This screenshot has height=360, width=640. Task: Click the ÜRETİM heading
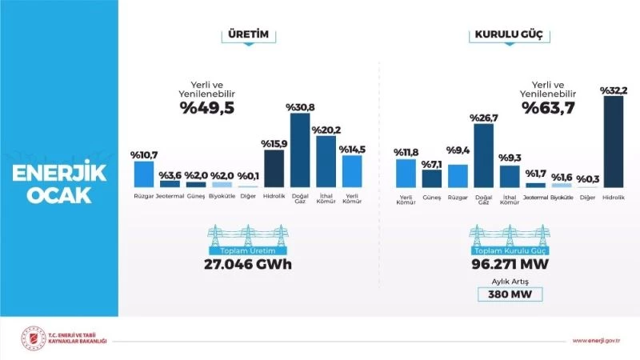248,35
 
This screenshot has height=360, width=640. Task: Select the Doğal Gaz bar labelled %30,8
300,150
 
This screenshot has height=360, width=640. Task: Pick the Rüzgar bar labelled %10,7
143,174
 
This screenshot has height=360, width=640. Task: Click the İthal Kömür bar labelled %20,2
326,161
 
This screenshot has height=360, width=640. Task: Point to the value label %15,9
274,143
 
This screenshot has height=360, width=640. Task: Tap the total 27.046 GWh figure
247,265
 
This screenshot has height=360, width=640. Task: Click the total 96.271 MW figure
510,265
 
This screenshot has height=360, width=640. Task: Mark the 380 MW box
510,294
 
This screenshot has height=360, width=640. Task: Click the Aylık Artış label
510,281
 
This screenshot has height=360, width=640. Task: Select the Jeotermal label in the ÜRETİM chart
170,195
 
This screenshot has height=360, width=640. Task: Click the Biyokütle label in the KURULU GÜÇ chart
562,196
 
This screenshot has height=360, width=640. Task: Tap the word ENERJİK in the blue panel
60,174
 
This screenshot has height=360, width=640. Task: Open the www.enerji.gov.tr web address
597,341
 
